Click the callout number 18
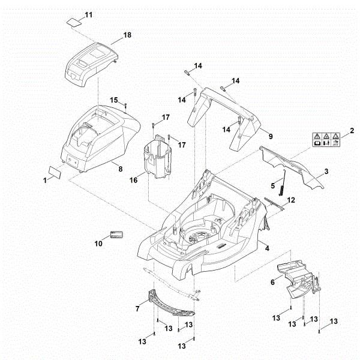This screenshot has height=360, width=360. [x=127, y=36]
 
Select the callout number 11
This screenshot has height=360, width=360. [x=89, y=14]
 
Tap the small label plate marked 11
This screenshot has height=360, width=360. [x=74, y=23]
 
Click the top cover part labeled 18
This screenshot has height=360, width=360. [x=90, y=63]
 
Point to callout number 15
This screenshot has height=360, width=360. [x=114, y=100]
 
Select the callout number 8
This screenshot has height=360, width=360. [x=120, y=169]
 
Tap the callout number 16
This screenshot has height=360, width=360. [x=134, y=179]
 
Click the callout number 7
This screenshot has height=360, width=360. [x=138, y=307]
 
